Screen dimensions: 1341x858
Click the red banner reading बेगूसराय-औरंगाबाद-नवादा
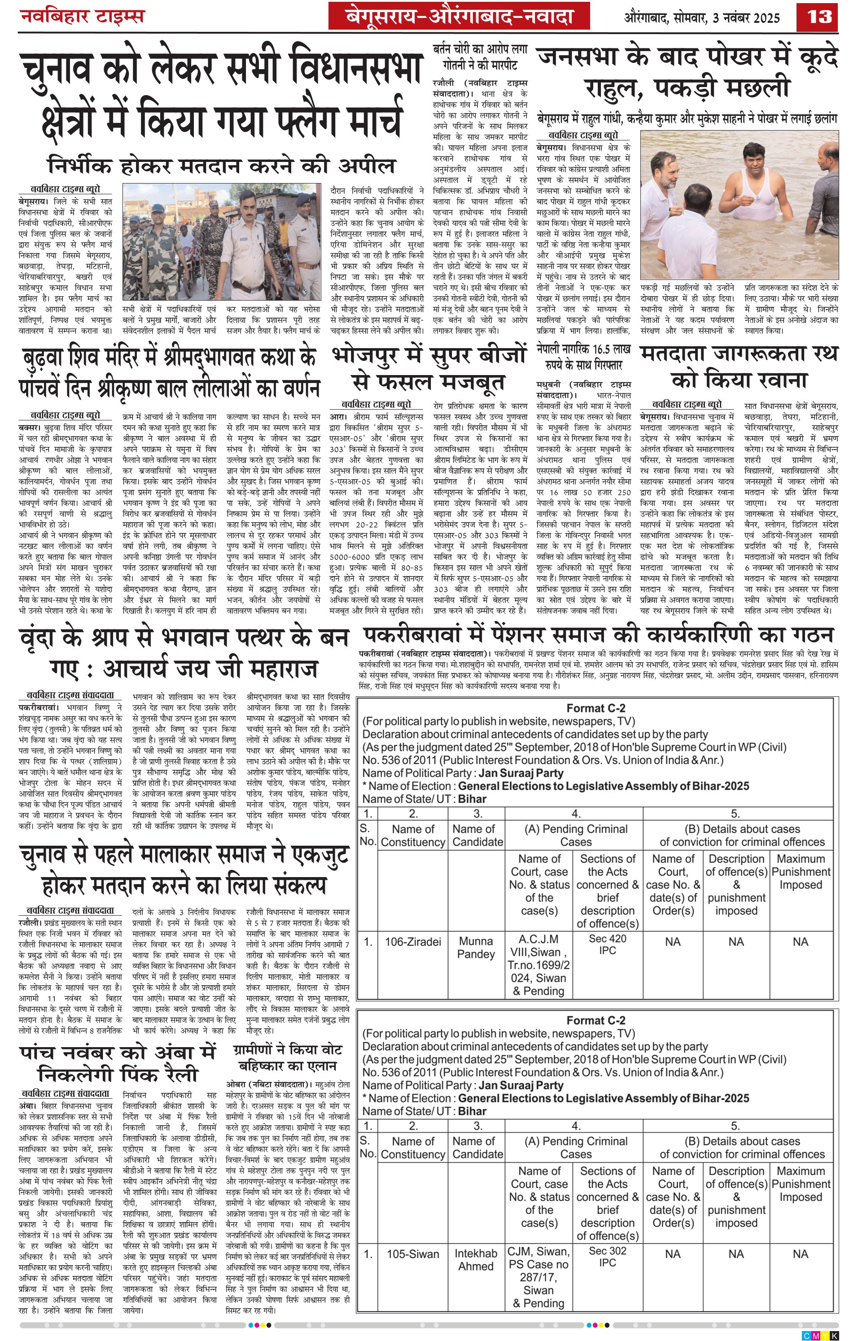459,16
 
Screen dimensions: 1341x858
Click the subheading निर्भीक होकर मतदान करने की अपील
221,166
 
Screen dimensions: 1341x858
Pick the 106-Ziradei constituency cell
413,941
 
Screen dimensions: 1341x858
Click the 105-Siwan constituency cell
413,1254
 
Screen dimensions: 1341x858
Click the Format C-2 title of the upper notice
595,708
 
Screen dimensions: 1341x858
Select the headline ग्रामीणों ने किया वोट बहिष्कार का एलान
288,1057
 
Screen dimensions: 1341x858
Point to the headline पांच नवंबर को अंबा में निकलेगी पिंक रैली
118,1062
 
